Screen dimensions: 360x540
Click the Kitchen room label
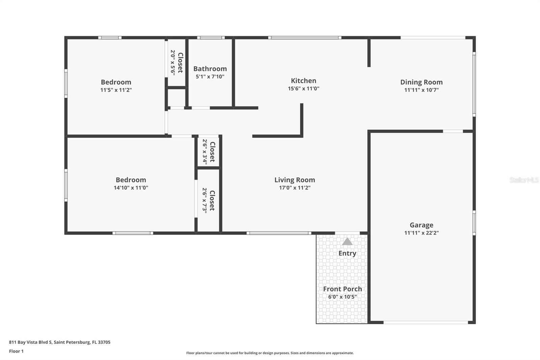(x=303, y=81)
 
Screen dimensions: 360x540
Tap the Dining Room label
(x=421, y=82)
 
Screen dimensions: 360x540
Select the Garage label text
(x=421, y=225)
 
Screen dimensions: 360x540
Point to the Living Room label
(x=295, y=180)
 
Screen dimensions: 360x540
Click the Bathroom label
(x=210, y=69)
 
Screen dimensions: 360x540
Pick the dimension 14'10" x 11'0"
(x=131, y=188)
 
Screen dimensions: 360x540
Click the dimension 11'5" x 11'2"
(x=116, y=90)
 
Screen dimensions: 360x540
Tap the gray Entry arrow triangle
(x=347, y=241)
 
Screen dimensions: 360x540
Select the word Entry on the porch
(x=347, y=253)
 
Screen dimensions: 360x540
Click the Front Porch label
(x=342, y=289)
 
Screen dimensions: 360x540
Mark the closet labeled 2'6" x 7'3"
(x=209, y=201)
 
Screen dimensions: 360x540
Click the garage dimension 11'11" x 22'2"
(x=421, y=233)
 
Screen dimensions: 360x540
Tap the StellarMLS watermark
(x=524, y=180)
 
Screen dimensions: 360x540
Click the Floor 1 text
(x=16, y=351)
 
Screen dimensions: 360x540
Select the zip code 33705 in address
(x=104, y=342)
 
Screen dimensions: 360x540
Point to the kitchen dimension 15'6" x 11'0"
(x=303, y=88)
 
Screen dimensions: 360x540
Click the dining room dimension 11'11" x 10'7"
(x=421, y=90)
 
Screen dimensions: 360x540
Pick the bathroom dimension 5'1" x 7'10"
(x=210, y=77)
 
